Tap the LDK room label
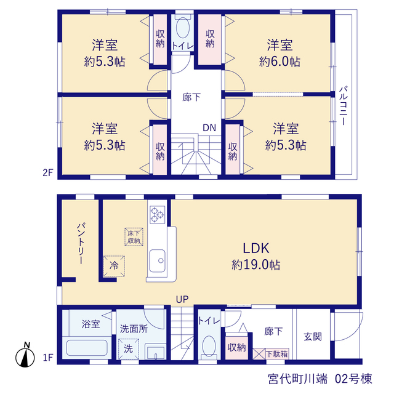point(256,248)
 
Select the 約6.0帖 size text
point(279,62)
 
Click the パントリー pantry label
point(81,243)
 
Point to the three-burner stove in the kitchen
point(158,215)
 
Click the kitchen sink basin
point(158,261)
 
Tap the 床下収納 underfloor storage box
point(134,236)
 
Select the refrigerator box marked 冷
point(114,266)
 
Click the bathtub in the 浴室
point(87,348)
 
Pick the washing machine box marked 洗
point(129,349)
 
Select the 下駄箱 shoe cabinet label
point(277,354)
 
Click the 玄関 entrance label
point(313,337)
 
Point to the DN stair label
point(209,128)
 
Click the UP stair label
point(182,299)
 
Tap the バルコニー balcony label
point(344,106)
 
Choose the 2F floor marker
point(48,173)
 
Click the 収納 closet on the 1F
point(236,347)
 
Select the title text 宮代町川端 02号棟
point(320,379)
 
